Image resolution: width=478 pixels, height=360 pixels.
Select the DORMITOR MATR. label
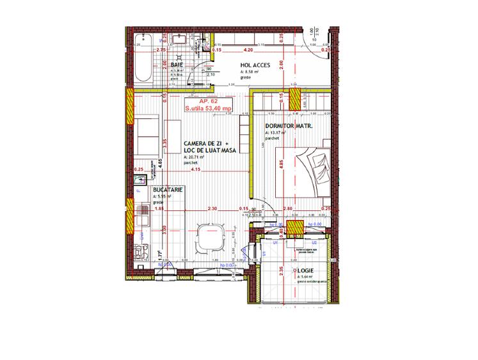pos(289,127)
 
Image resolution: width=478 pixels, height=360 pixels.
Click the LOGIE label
pos(305,271)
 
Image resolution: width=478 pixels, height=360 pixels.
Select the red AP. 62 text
pos(200,102)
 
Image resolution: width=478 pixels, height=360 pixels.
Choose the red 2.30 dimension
pos(212,209)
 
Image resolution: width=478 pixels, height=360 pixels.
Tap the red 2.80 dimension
pos(289,209)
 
